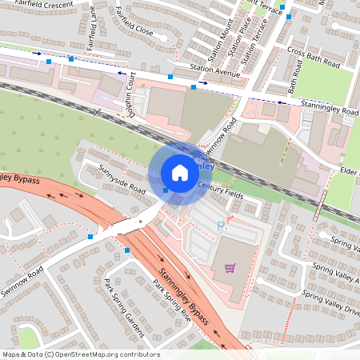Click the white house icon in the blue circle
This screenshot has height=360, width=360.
(180, 172)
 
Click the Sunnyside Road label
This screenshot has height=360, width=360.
(122, 180)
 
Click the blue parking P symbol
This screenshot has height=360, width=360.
(221, 226)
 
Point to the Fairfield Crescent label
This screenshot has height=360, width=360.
(43, 5)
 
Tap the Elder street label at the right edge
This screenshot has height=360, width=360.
(347, 170)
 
